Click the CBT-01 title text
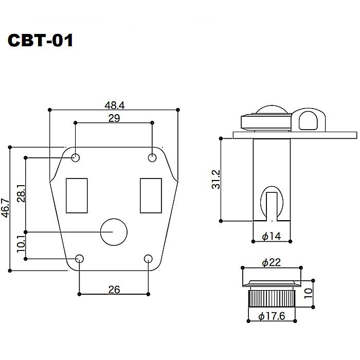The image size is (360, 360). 40,41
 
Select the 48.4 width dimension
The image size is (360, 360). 114,105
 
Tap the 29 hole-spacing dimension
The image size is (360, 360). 114,118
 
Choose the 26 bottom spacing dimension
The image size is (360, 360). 114,290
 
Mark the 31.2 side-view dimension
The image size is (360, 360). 217,179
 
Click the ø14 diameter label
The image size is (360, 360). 272,237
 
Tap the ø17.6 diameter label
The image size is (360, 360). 272,317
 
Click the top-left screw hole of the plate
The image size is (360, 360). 76,157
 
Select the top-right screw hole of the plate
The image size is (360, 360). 152,157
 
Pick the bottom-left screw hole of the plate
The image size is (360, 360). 80,259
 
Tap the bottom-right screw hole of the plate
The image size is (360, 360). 149,259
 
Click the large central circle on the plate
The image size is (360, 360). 114,232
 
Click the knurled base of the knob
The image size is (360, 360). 271,299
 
